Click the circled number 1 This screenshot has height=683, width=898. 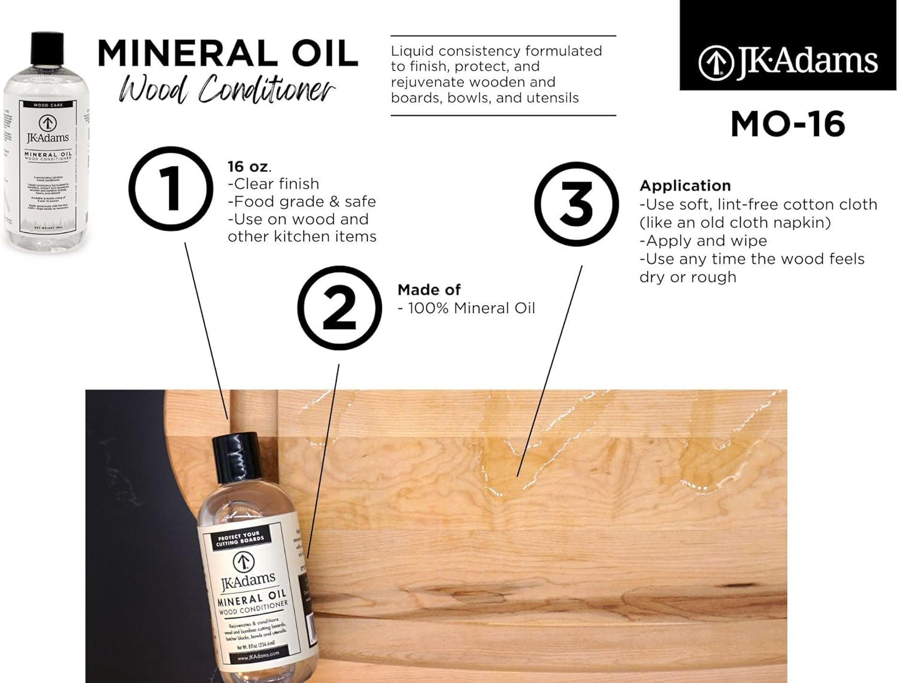(x=171, y=189)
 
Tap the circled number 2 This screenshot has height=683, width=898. (x=339, y=309)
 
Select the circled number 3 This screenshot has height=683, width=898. (x=576, y=204)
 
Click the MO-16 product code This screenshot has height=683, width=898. (x=787, y=124)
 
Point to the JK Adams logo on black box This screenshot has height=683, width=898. (x=788, y=61)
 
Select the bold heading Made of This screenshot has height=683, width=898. (x=429, y=290)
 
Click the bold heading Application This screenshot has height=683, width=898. (x=685, y=186)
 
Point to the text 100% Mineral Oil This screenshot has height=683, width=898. (x=471, y=308)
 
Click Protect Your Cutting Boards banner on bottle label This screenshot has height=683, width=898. (x=241, y=537)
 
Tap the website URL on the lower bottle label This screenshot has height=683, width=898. (x=258, y=654)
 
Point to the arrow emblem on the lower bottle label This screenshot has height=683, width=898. (x=243, y=562)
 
